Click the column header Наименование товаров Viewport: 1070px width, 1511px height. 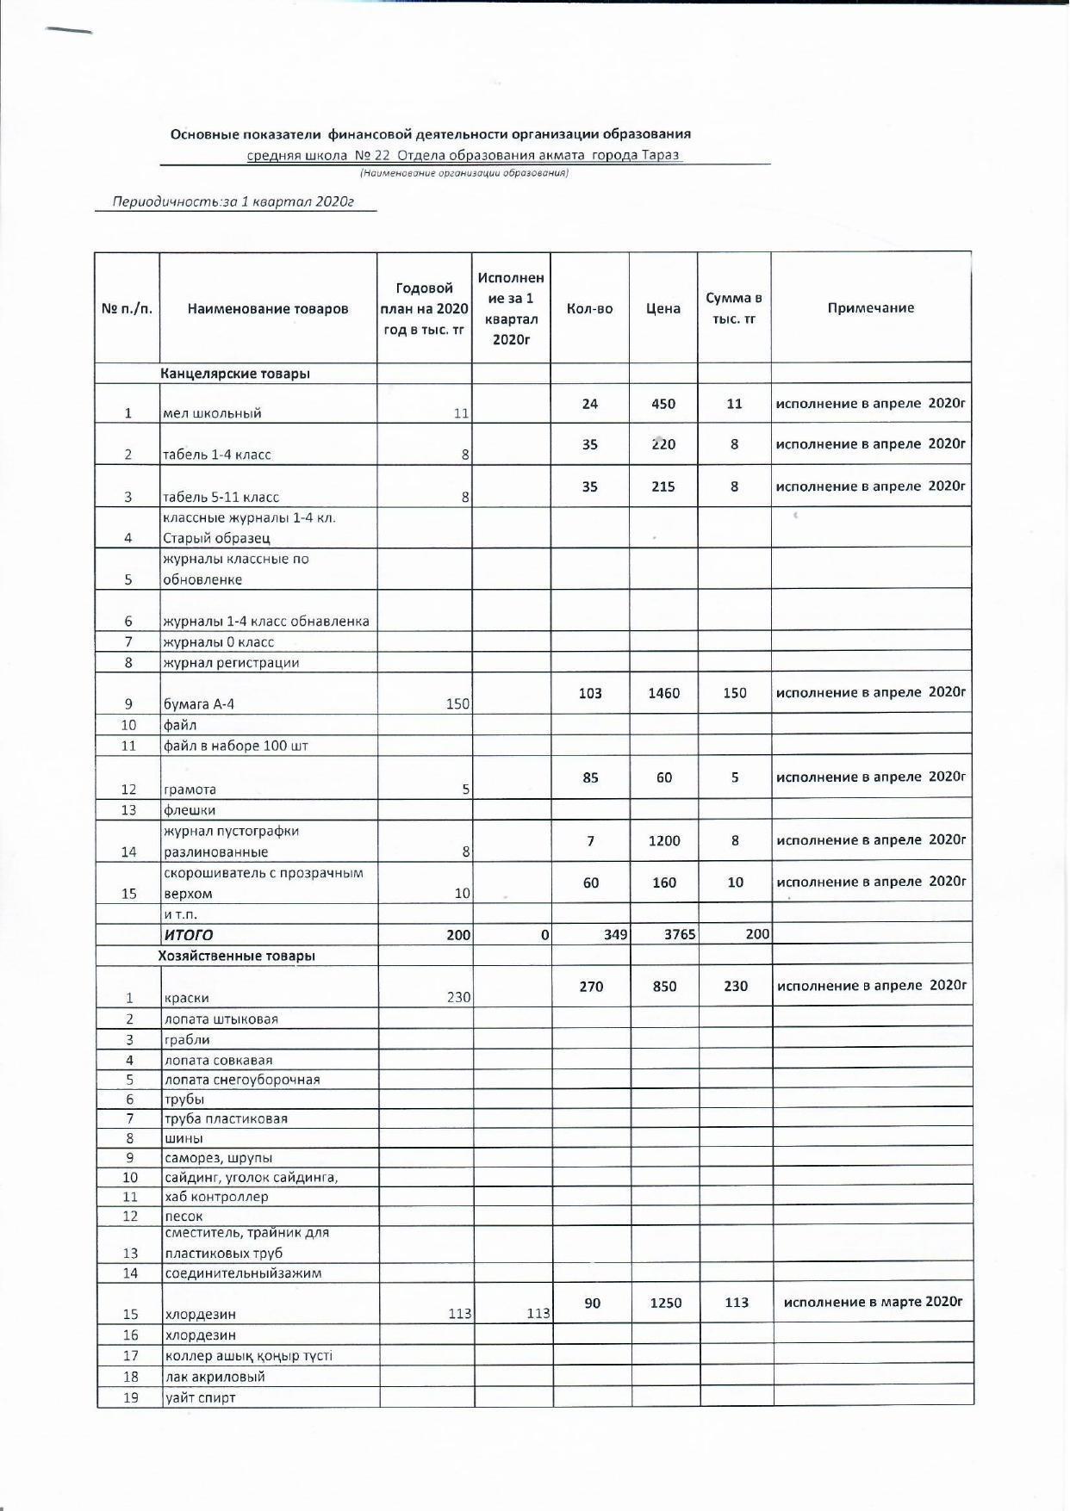(x=268, y=309)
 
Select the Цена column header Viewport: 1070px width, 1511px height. (x=663, y=308)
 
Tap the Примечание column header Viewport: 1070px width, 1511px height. (x=871, y=307)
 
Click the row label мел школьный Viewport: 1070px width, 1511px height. (x=212, y=413)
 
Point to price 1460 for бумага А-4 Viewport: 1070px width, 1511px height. (x=664, y=693)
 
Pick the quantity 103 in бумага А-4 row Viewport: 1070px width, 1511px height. (x=590, y=693)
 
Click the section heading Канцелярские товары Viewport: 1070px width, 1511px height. (x=235, y=374)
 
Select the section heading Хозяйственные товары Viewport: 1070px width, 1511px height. (x=237, y=956)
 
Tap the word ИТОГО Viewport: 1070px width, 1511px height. (x=188, y=935)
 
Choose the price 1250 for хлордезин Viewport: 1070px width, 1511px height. (x=665, y=1304)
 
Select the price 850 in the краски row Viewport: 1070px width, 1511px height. (x=664, y=987)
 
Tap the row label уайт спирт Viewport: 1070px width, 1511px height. (x=200, y=1397)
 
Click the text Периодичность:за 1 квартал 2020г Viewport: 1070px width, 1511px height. (x=233, y=202)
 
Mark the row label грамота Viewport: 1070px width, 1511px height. (x=190, y=790)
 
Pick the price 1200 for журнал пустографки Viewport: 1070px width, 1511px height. (x=664, y=841)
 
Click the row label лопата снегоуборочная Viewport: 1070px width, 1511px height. (x=242, y=1080)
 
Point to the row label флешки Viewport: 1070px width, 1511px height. (x=190, y=810)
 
